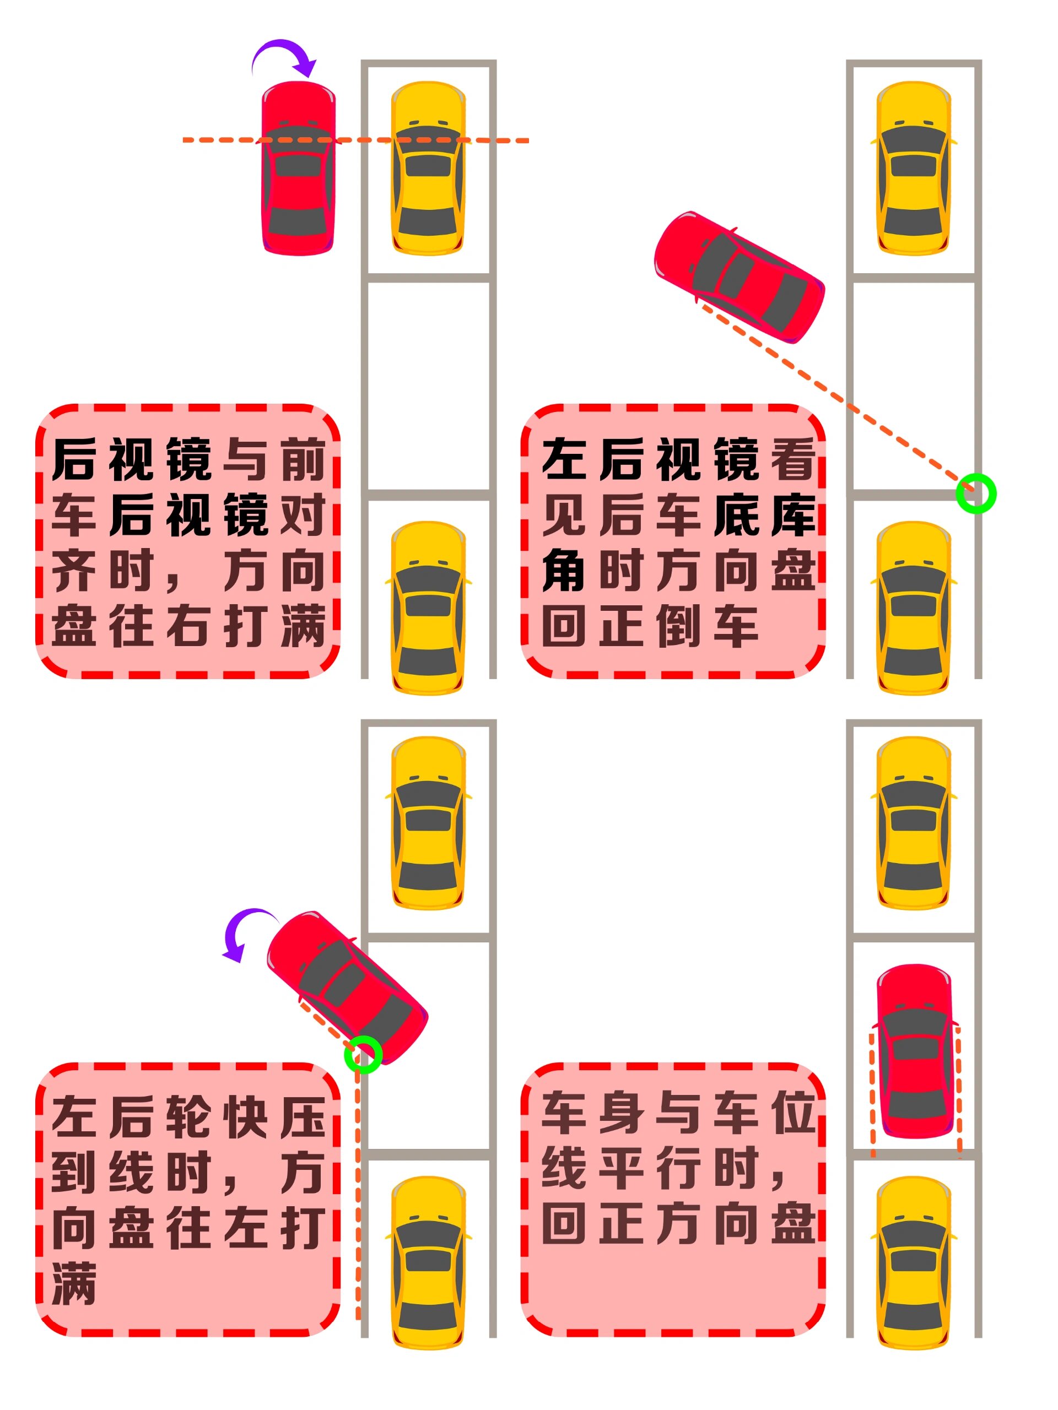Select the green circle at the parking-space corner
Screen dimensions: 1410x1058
click(x=975, y=493)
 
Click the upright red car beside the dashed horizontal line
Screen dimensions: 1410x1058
click(x=298, y=169)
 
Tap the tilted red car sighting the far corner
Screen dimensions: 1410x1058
click(x=739, y=276)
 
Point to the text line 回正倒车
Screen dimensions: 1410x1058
click(x=650, y=626)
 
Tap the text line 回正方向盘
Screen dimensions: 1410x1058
click(x=678, y=1223)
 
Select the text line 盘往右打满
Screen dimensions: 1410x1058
click(x=189, y=626)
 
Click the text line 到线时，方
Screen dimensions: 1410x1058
click(x=189, y=1172)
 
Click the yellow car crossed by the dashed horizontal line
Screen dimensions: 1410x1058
click(x=428, y=169)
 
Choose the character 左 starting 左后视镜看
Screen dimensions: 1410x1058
click(x=563, y=459)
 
